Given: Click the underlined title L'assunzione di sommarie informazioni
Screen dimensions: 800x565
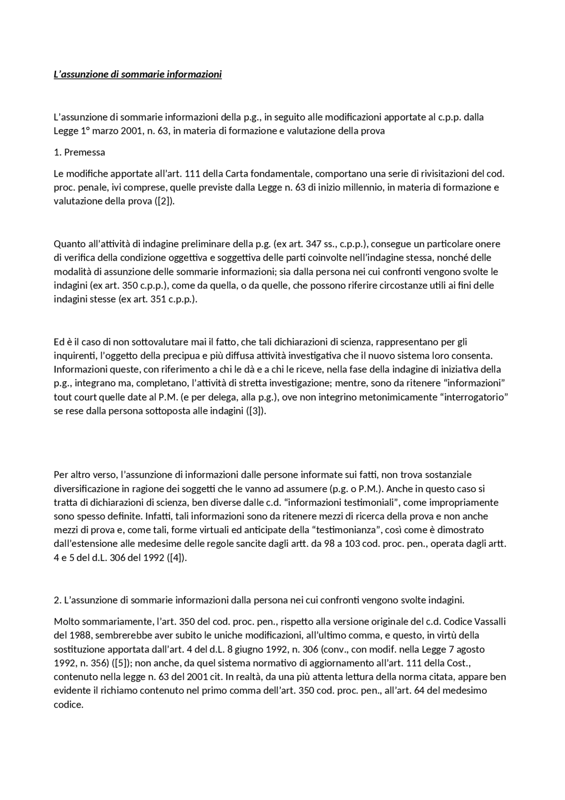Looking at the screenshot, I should click(x=138, y=74).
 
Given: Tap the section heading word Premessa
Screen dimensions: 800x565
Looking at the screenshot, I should click(x=85, y=152).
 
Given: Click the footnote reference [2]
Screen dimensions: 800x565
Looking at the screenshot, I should click(x=165, y=201).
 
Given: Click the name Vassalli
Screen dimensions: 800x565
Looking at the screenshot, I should click(x=490, y=622).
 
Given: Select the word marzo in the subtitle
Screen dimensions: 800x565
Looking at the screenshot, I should click(x=104, y=131).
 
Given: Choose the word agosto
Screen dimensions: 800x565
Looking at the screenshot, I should click(x=470, y=649).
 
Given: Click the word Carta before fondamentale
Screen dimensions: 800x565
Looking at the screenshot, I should click(x=237, y=174).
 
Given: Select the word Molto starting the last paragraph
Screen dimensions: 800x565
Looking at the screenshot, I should click(x=67, y=622).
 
